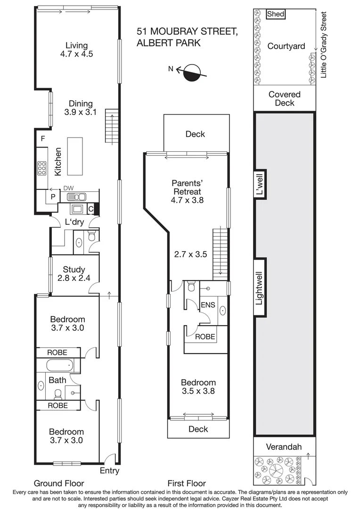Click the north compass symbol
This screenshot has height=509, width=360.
191,72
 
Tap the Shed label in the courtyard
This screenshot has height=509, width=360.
276,14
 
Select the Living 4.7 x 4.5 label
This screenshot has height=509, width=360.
76,49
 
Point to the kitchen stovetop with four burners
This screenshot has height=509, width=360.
41,168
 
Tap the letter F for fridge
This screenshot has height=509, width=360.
42,139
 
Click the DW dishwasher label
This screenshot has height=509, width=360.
69,189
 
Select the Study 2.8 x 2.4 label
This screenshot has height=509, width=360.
74,274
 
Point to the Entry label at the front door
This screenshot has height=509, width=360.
109,471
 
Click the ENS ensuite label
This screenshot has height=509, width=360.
208,305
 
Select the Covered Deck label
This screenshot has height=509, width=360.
285,99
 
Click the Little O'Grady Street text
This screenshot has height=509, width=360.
323,45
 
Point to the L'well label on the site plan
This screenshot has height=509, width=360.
259,187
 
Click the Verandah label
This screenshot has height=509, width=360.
283,446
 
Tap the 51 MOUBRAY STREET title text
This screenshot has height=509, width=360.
187,32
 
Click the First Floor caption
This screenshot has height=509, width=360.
187,483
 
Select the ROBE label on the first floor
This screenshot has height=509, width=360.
205,337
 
